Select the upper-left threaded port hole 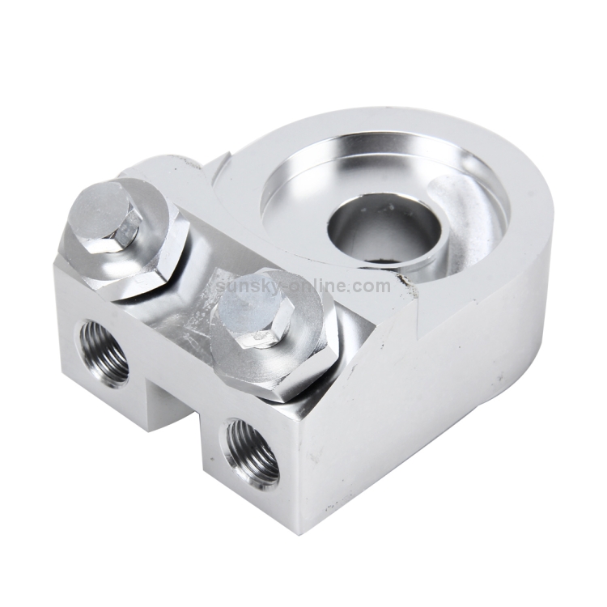pyautogui.click(x=103, y=351)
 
